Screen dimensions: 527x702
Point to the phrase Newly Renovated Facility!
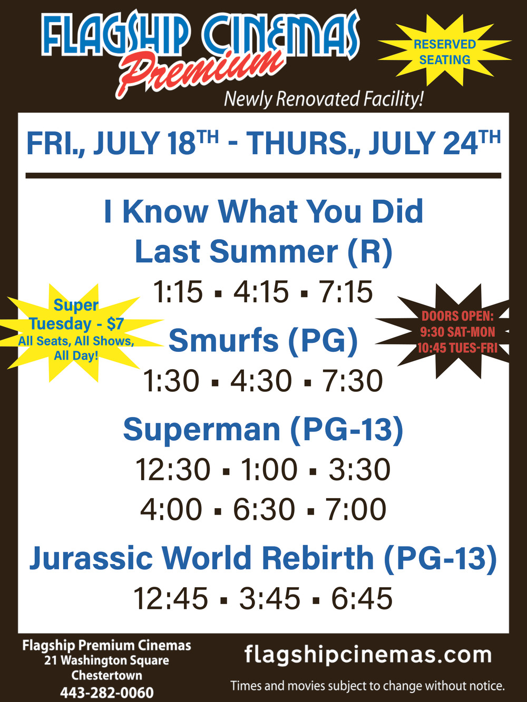click(x=324, y=99)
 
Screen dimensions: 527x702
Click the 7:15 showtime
click(x=345, y=291)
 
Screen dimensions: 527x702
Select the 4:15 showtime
click(x=261, y=291)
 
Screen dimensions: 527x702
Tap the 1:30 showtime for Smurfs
click(x=171, y=381)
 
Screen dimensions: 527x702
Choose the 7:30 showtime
click(x=352, y=381)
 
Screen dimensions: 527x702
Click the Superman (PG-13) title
click(x=263, y=430)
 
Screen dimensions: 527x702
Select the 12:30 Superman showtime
click(x=173, y=470)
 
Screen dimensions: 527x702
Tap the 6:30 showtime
click(x=264, y=509)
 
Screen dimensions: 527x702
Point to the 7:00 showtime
click(x=356, y=509)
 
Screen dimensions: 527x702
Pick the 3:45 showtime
click(x=269, y=598)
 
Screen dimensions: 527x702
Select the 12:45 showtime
click(x=171, y=598)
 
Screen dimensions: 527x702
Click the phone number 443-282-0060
click(x=107, y=693)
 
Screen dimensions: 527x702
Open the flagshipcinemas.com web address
click(x=368, y=655)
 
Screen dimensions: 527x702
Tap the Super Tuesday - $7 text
click(x=76, y=314)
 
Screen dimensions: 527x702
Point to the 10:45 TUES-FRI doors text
click(x=457, y=348)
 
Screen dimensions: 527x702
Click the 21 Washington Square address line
click(x=107, y=660)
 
